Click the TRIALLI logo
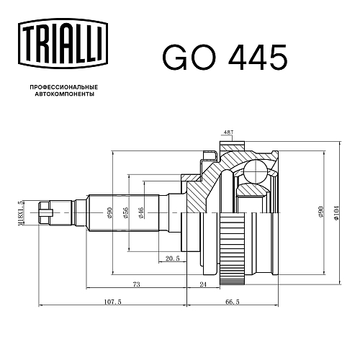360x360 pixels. click(x=63, y=44)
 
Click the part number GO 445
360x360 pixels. click(x=225, y=58)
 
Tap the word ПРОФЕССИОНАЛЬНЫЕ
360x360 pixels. click(x=64, y=87)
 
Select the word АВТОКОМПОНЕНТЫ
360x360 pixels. click(x=65, y=94)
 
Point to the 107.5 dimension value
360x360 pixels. click(x=113, y=302)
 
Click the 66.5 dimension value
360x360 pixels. click(x=233, y=302)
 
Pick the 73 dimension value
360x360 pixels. click(x=136, y=284)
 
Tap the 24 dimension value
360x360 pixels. click(x=203, y=284)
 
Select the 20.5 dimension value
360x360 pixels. click(x=173, y=258)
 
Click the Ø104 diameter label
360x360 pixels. click(x=336, y=212)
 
